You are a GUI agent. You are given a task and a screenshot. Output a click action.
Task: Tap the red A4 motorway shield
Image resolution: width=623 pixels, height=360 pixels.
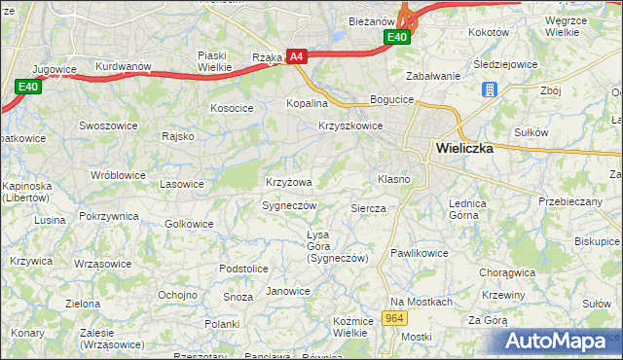pyautogui.click(x=297, y=57)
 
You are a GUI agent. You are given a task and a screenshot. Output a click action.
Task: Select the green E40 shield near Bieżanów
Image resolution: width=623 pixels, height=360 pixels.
pyautogui.click(x=396, y=37)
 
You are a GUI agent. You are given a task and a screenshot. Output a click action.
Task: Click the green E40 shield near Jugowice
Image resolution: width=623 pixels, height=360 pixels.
pyautogui.click(x=27, y=87)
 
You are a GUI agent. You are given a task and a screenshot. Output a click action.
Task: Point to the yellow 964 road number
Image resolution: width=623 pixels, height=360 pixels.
pyautogui.click(x=394, y=318)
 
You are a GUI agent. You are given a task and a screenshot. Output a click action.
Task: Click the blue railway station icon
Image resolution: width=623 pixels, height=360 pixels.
pyautogui.click(x=490, y=90)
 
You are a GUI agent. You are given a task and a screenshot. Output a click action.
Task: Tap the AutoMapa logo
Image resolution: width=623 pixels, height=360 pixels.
pyautogui.click(x=556, y=341)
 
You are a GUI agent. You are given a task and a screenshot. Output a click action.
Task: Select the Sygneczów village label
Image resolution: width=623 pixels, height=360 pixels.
pyautogui.click(x=289, y=205)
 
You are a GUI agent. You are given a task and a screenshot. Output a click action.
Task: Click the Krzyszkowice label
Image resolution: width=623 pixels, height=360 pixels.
pyautogui.click(x=350, y=126)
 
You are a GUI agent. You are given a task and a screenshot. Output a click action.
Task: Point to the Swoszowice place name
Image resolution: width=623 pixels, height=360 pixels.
pyautogui.click(x=106, y=126)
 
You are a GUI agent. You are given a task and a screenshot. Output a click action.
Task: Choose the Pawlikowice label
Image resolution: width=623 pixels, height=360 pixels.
pyautogui.click(x=419, y=253)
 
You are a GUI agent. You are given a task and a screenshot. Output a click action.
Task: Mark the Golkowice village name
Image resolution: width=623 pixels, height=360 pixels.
pyautogui.click(x=189, y=224)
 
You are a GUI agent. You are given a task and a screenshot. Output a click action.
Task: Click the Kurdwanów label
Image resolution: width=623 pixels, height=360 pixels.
pyautogui.click(x=121, y=66)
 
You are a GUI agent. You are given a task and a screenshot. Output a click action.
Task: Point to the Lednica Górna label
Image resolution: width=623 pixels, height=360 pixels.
pyautogui.click(x=467, y=209)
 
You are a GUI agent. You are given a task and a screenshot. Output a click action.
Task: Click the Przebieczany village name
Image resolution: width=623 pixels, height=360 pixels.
pyautogui.click(x=570, y=201)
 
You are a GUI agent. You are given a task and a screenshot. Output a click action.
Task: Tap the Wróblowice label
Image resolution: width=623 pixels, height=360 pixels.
pyautogui.click(x=117, y=175)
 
